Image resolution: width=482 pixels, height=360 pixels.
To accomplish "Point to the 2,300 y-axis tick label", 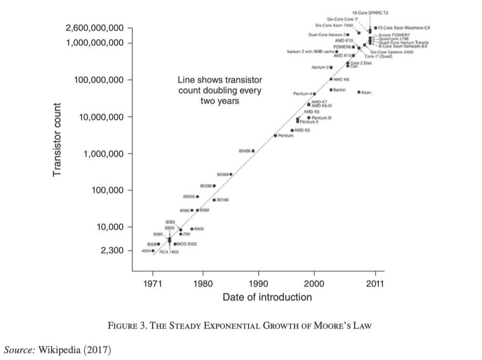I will click(x=111, y=251).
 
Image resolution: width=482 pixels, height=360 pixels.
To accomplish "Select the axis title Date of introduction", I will click(x=267, y=297).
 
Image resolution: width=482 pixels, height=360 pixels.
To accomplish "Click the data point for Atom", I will click(x=359, y=92).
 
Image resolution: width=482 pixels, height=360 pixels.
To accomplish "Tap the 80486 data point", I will click(x=253, y=151).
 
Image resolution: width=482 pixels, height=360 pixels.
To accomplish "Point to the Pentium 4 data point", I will click(x=314, y=94).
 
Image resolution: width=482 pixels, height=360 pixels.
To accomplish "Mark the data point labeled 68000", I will click(x=198, y=196).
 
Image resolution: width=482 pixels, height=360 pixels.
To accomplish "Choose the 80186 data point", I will click(x=214, y=200).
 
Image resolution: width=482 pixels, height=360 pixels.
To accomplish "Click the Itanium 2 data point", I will click(x=331, y=68).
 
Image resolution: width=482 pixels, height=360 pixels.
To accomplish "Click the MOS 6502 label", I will click(x=184, y=244).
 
